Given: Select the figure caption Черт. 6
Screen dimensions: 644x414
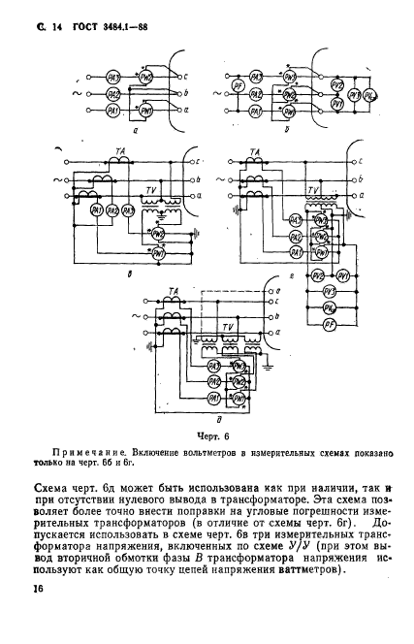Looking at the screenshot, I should [x=208, y=437].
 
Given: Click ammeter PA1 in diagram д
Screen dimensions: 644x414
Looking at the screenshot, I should [x=213, y=399].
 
